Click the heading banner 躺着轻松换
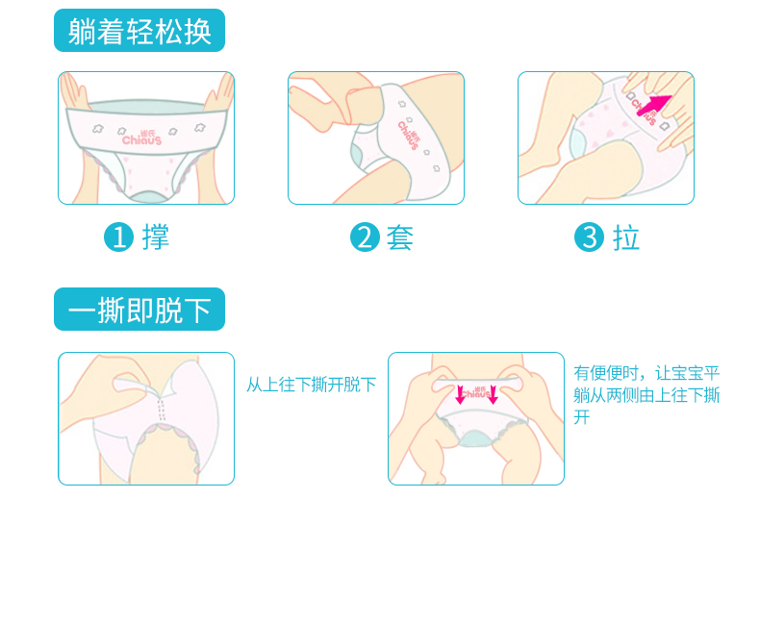[x=139, y=30]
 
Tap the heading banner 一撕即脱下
[x=139, y=309]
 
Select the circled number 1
[x=118, y=237]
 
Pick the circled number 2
[x=365, y=237]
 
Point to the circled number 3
[x=589, y=237]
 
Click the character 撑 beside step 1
[x=156, y=237]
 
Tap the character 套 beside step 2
[x=400, y=237]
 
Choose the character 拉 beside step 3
[x=626, y=237]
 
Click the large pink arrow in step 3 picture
[x=654, y=106]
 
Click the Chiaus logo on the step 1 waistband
[x=142, y=138]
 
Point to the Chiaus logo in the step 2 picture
[x=410, y=136]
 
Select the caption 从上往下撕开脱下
[x=311, y=385]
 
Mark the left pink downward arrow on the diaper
[x=461, y=394]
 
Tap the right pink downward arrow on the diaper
[x=493, y=394]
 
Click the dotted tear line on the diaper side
[x=162, y=410]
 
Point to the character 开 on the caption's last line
[x=582, y=417]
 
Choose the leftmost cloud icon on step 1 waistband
[x=98, y=129]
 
